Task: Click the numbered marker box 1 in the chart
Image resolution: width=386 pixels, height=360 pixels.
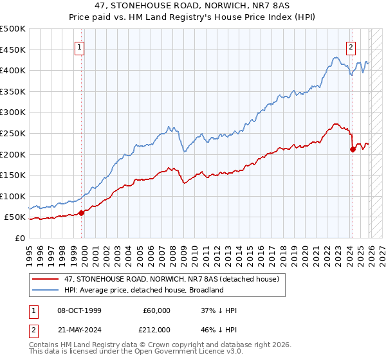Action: (x=80, y=46)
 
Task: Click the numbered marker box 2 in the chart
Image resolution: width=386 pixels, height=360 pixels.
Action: (x=351, y=46)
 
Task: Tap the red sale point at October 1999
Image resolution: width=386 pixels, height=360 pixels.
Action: (x=81, y=213)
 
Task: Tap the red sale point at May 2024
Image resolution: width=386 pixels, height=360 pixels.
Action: (x=353, y=150)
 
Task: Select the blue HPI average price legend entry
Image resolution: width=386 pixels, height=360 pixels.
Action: (x=138, y=290)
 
